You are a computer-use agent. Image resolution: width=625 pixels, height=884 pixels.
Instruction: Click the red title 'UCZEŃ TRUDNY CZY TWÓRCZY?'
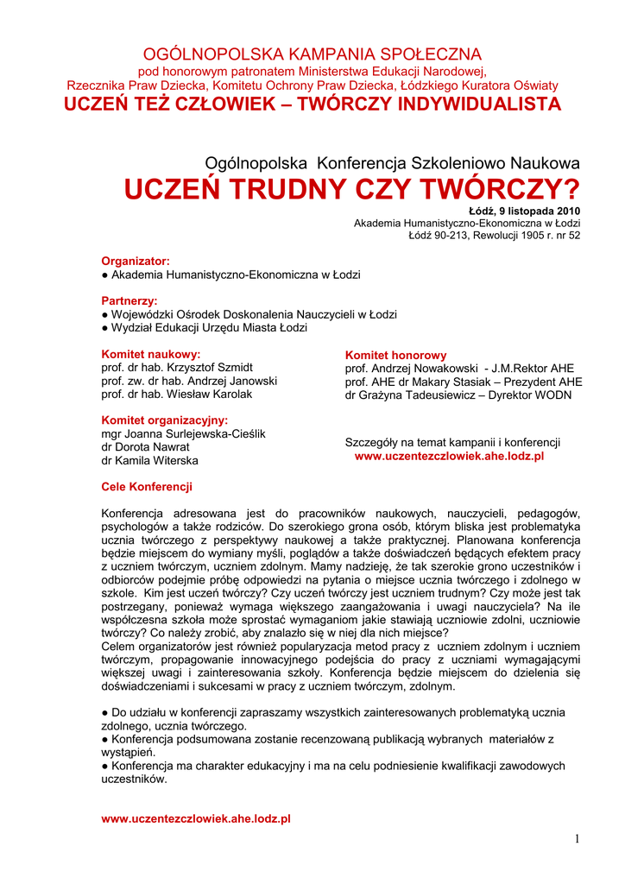(352, 188)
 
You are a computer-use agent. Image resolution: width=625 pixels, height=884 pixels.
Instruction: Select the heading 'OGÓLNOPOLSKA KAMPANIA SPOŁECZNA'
(312, 54)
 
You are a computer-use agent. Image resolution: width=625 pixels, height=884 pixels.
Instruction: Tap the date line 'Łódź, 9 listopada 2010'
(524, 211)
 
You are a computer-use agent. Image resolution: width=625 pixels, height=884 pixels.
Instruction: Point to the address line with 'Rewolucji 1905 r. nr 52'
(494, 235)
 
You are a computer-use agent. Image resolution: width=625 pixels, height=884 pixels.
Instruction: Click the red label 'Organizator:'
(136, 261)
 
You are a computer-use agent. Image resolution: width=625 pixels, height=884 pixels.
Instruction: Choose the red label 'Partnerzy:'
(129, 300)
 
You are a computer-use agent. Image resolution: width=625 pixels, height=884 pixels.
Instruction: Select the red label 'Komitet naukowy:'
(151, 354)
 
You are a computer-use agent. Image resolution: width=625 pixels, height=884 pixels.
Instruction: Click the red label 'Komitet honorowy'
(396, 355)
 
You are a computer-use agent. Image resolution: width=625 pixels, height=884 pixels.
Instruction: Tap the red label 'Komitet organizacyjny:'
(165, 420)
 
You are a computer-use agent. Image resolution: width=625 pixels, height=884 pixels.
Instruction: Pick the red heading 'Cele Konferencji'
(147, 487)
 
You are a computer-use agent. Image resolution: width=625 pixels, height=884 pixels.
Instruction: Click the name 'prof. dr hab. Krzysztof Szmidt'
(177, 368)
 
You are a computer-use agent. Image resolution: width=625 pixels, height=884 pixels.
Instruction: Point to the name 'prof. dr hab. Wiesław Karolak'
(177, 395)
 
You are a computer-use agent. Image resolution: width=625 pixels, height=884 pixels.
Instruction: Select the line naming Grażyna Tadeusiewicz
(458, 395)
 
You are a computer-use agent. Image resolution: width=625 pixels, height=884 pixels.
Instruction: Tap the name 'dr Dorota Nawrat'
(145, 447)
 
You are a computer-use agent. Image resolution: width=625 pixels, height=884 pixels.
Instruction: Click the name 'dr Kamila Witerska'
(149, 461)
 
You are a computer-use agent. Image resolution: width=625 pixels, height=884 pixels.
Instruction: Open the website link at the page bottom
(196, 818)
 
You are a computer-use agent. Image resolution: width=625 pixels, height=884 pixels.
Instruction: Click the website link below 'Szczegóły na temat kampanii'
(449, 456)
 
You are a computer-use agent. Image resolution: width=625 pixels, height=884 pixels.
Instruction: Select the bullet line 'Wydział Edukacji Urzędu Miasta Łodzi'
(204, 328)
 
